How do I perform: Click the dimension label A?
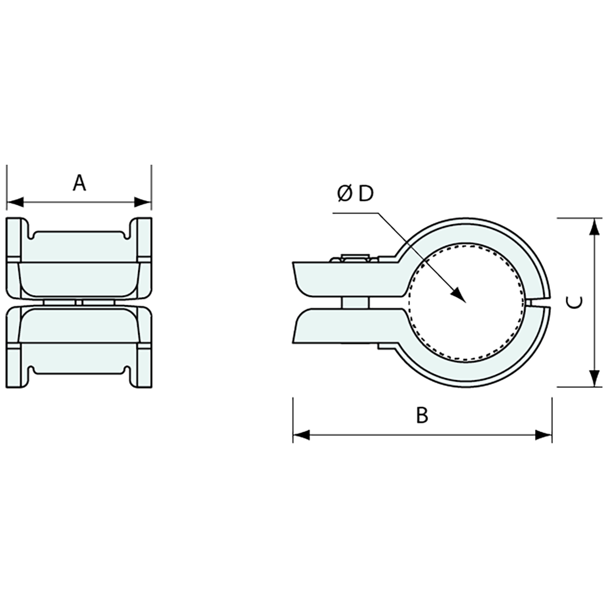coord(80,182)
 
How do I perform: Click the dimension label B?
coord(422,415)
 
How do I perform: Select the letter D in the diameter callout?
coord(366,194)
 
